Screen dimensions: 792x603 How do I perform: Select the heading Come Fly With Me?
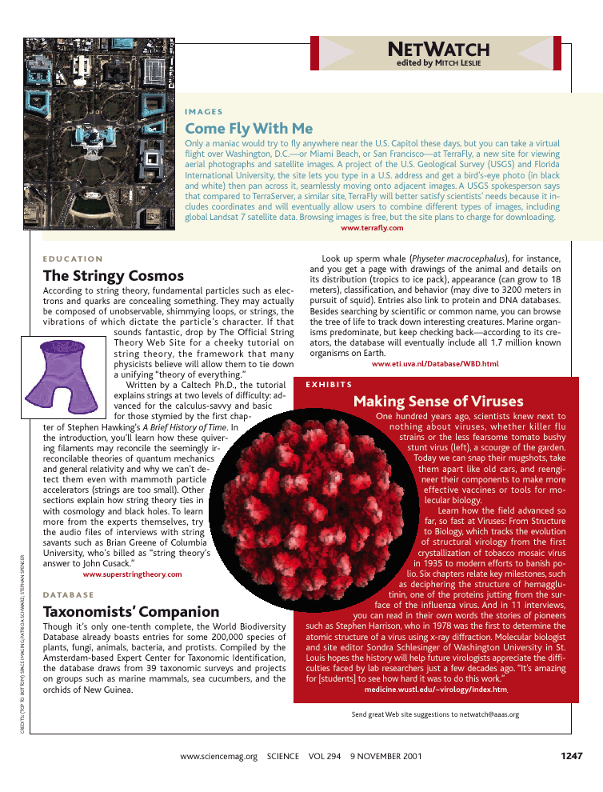point(249,128)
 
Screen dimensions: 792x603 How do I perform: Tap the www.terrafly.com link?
point(372,228)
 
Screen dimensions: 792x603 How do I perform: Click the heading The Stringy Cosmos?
point(113,275)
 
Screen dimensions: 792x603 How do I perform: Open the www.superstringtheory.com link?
point(132,574)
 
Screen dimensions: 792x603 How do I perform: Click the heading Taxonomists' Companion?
point(130,612)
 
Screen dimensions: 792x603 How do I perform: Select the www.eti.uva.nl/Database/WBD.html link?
point(435,364)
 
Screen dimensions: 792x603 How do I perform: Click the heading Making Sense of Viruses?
point(438,401)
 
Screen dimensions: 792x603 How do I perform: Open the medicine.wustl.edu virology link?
point(435,690)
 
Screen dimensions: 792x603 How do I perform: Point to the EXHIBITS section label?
point(325,385)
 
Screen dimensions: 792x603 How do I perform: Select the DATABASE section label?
point(68,595)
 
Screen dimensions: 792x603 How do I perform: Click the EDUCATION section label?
point(73,259)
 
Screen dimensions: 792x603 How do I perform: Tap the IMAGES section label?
point(203,112)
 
